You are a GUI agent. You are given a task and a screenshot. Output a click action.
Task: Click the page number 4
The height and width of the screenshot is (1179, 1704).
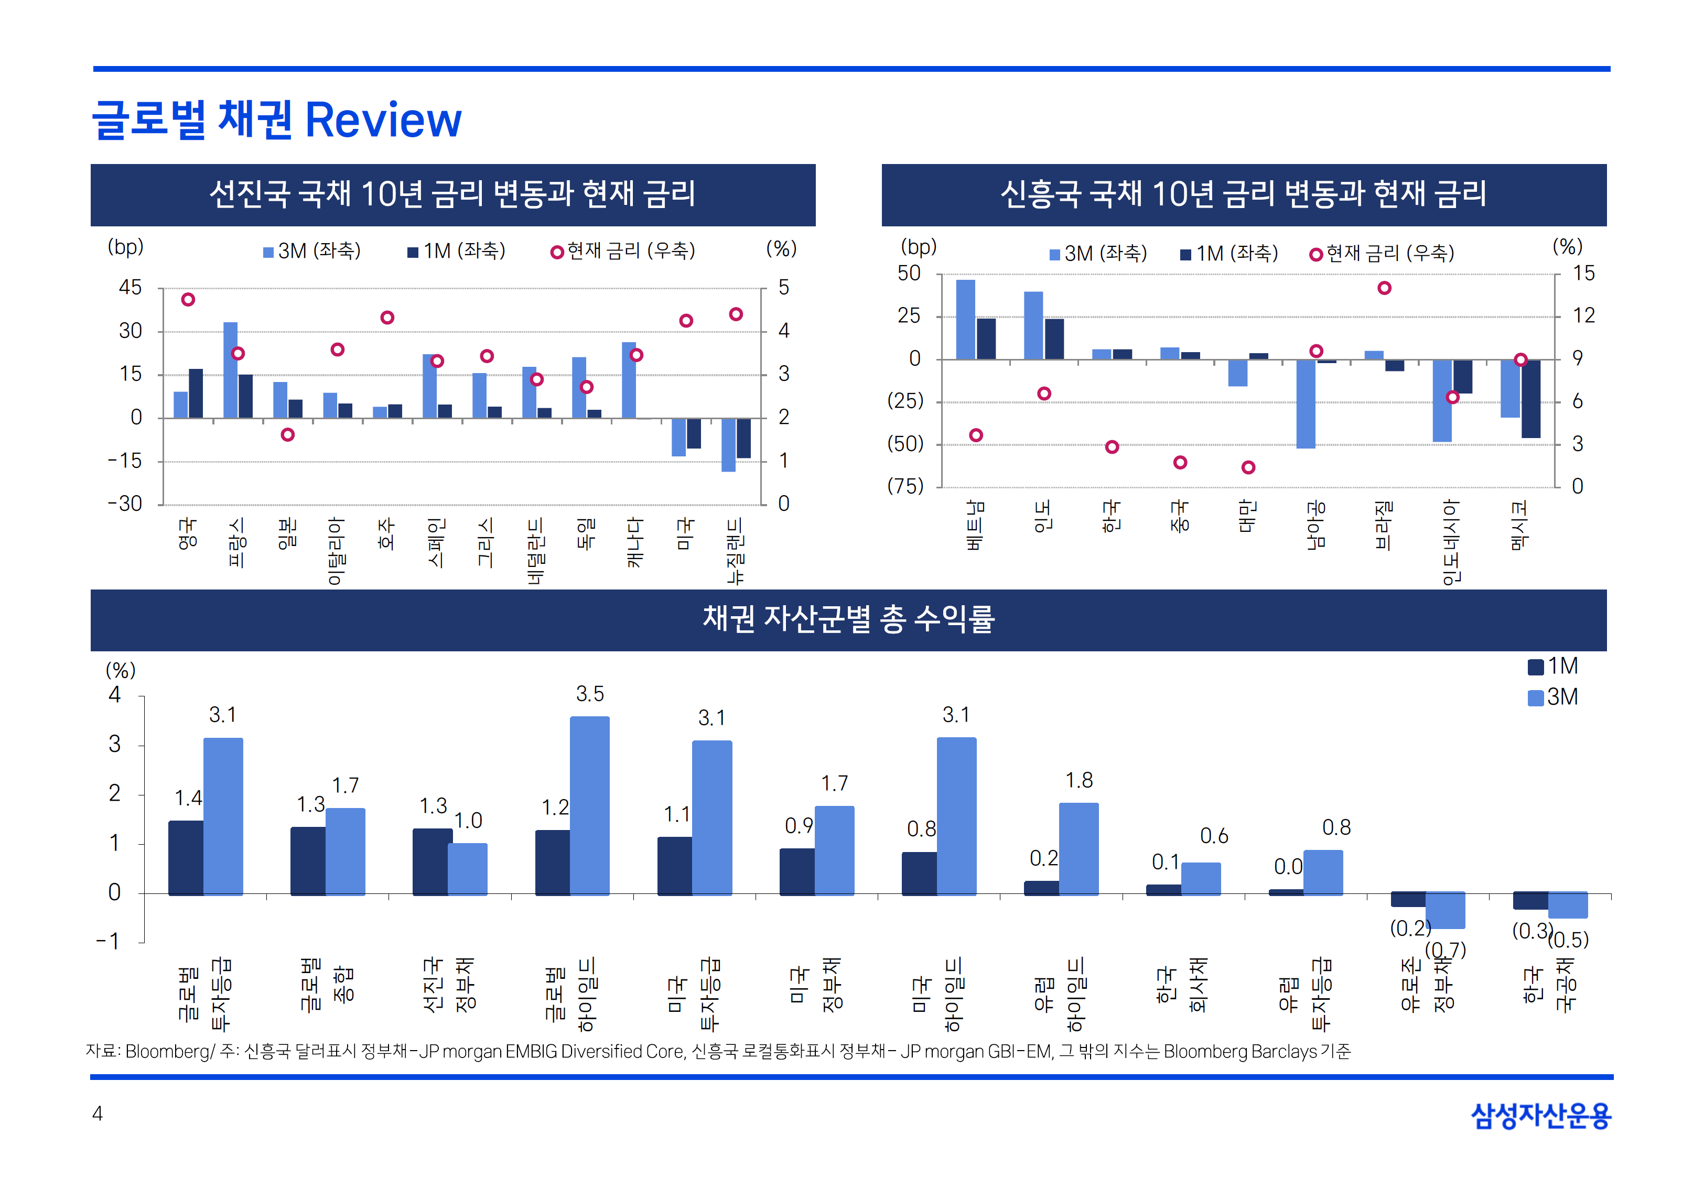(x=97, y=1113)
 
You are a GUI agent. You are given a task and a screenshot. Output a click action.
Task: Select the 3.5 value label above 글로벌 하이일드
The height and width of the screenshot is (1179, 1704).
(x=590, y=694)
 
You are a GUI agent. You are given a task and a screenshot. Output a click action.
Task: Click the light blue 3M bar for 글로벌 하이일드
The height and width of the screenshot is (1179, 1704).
(x=590, y=805)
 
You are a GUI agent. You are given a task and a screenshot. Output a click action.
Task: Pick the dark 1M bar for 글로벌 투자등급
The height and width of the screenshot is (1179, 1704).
(x=186, y=857)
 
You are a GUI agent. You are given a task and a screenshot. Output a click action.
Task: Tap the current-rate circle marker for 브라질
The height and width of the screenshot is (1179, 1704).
(x=1384, y=288)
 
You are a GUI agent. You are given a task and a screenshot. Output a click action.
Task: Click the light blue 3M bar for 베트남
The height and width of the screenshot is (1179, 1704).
(x=965, y=319)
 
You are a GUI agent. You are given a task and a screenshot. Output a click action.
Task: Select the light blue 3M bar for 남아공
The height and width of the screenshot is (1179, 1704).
(x=1306, y=403)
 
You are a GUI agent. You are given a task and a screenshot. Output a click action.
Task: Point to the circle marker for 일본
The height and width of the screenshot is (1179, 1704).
(x=287, y=434)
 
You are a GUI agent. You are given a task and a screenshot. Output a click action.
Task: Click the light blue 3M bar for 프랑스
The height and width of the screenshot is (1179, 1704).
(x=231, y=369)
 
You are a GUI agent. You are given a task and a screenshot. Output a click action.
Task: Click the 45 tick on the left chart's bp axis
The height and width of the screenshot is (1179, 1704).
(x=130, y=288)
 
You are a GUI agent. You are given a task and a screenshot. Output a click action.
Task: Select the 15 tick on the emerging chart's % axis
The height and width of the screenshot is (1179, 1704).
(x=1583, y=274)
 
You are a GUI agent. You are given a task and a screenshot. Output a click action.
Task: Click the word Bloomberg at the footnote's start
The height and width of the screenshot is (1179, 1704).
(x=168, y=1051)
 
